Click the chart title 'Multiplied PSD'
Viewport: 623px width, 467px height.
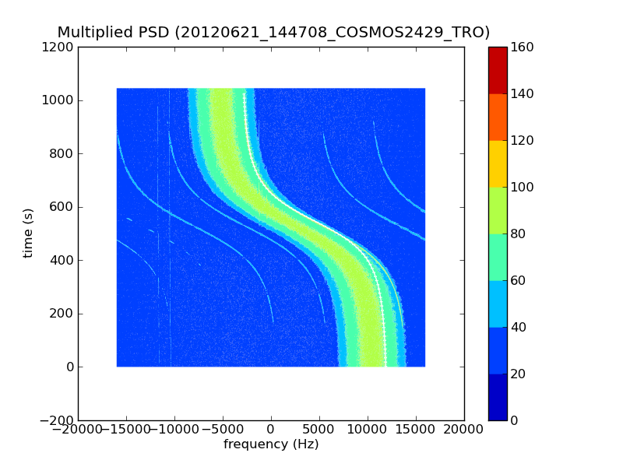114,33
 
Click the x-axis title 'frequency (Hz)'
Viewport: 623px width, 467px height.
271,444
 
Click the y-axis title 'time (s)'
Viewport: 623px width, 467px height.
29,233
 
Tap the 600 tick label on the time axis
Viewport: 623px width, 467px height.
62,207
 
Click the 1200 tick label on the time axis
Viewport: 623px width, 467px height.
59,47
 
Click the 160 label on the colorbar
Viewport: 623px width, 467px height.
523,47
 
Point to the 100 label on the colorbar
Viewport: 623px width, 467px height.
523,187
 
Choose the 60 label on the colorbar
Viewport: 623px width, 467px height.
519,280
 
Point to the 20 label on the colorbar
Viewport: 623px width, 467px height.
519,374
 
